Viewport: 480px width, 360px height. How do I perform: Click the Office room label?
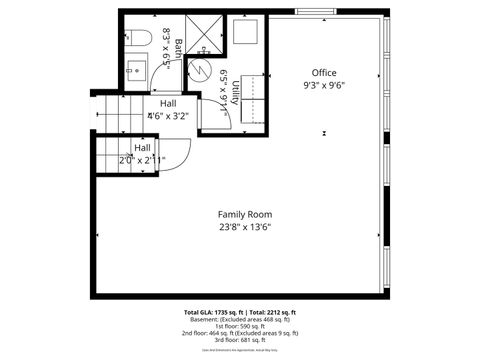tap(323, 73)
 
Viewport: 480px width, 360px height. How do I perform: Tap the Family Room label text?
tap(245, 214)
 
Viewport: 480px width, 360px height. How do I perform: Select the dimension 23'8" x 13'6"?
tap(245, 227)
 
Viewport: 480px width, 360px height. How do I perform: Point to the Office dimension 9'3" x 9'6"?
tap(323, 86)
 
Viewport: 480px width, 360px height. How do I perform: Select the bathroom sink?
tap(138, 69)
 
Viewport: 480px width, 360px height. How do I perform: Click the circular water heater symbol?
tap(201, 72)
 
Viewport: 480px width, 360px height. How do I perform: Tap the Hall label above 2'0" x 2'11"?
tap(142, 147)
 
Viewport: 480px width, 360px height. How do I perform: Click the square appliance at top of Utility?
tap(246, 32)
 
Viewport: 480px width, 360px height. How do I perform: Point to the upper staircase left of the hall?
tap(115, 110)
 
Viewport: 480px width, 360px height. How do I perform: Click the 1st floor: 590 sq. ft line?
tap(240, 325)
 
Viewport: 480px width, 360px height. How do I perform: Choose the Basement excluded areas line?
tap(240, 319)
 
